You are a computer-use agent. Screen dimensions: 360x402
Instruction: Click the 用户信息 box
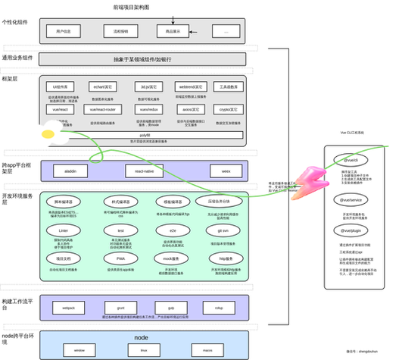64,31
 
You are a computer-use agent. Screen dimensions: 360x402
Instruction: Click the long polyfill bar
145,134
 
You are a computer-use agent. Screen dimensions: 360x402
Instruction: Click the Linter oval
64,228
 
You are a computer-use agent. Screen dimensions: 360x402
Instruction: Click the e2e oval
173,228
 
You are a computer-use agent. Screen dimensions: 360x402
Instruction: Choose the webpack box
68,308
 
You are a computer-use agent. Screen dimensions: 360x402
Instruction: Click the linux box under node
143,351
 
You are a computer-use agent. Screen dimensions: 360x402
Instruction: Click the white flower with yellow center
48,135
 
